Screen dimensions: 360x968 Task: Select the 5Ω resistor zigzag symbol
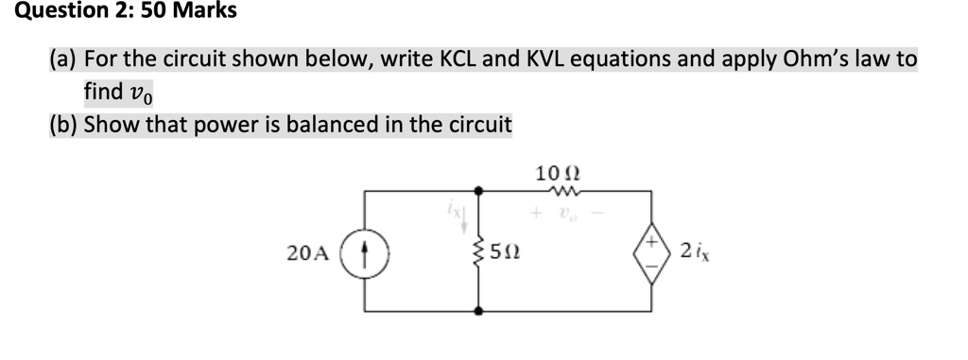click(x=480, y=251)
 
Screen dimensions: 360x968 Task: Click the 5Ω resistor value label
click(x=510, y=252)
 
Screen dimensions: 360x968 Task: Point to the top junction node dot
click(x=480, y=191)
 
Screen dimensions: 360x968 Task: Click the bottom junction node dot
click(x=480, y=311)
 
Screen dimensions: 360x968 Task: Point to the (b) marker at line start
click(x=63, y=124)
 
